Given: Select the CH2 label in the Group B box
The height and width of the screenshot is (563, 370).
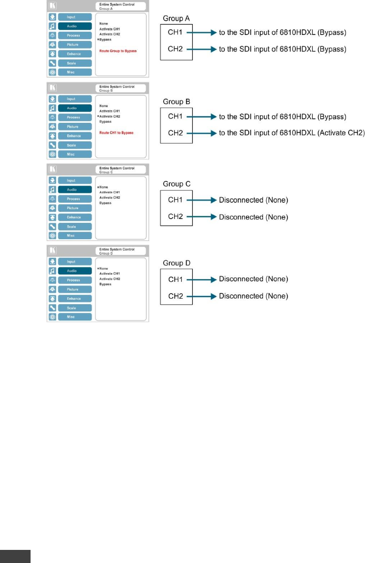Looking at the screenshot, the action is [x=176, y=133].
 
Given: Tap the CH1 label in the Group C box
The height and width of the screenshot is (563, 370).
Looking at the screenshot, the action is [x=176, y=200].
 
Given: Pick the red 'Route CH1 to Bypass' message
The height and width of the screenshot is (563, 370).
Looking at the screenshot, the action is [x=116, y=133].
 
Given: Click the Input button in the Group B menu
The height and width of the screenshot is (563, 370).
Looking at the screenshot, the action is [x=71, y=99].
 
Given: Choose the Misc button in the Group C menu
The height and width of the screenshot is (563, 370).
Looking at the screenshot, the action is [x=71, y=235].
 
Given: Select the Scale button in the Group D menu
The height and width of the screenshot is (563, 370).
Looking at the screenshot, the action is [x=71, y=308].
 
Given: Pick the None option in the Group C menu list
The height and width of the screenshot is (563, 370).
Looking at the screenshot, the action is [x=104, y=187].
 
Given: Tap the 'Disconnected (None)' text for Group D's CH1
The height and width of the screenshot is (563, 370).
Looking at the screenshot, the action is [x=253, y=279].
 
